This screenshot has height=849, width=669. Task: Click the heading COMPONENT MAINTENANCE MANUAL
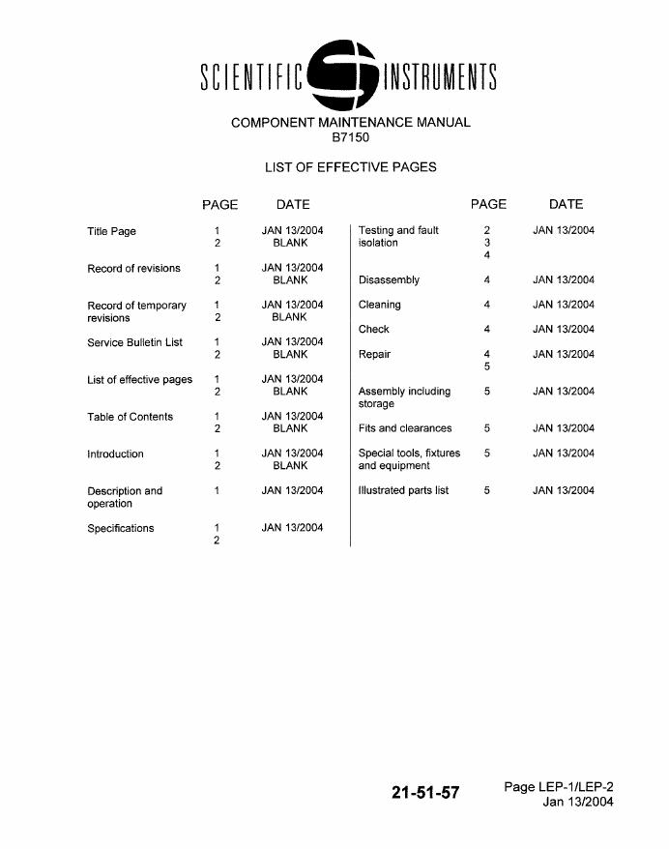[351, 123]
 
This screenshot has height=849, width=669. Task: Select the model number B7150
[350, 137]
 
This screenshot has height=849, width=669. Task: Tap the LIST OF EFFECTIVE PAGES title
[350, 167]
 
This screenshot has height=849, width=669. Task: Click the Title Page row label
[111, 231]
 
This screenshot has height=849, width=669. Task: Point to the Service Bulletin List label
[134, 342]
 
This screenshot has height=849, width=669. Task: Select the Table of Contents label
[130, 417]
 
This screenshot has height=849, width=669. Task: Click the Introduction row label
[115, 454]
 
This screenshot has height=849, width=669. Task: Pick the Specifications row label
[120, 528]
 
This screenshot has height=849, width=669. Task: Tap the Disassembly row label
[389, 280]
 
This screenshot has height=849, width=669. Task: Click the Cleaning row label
[379, 305]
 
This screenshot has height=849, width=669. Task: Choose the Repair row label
[374, 354]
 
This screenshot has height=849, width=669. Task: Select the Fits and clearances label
[404, 428]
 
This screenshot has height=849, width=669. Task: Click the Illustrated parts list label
[403, 490]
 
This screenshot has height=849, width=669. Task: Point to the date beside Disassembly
[563, 280]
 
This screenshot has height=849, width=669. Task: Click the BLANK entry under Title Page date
[290, 244]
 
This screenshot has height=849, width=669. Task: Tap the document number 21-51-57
[425, 793]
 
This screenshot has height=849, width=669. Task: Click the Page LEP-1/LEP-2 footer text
[558, 787]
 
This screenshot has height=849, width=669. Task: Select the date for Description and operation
[292, 490]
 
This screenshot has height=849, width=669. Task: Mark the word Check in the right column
[374, 330]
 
